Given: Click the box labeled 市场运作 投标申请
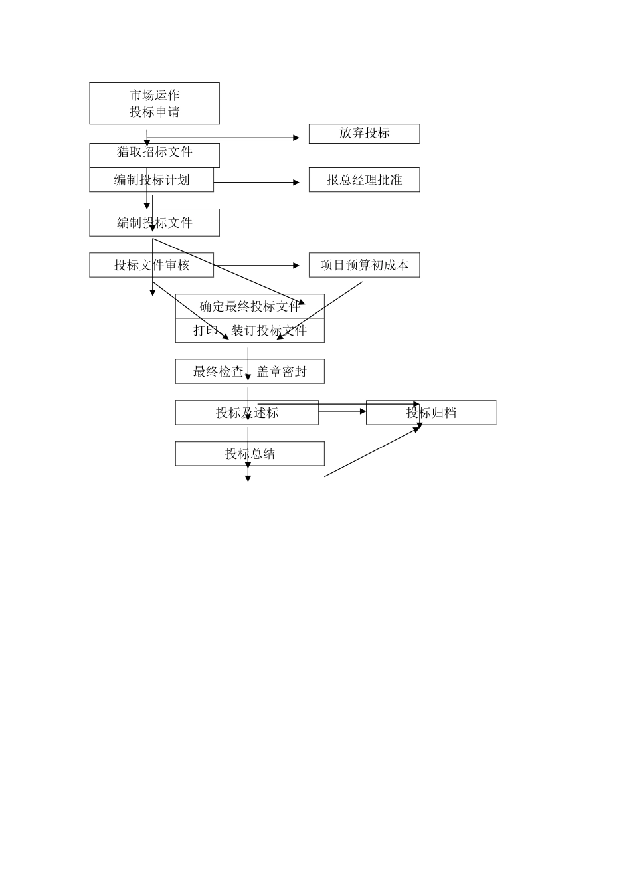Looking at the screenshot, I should [x=154, y=103].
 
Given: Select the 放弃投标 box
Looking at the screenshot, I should [x=364, y=133].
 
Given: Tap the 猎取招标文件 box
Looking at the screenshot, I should [x=154, y=155].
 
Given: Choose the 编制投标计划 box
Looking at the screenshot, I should [x=151, y=180].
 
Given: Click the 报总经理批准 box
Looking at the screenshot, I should [x=364, y=180].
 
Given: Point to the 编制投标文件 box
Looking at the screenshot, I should [x=154, y=223].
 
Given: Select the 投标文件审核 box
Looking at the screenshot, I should [x=151, y=265].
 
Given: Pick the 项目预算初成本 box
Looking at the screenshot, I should [x=364, y=265].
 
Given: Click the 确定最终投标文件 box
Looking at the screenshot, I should [x=250, y=306].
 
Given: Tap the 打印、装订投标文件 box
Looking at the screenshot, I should [x=250, y=331].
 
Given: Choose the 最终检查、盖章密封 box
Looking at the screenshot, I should [x=250, y=371].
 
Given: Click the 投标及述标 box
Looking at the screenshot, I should [x=247, y=413].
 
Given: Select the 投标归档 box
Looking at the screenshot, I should [x=431, y=413].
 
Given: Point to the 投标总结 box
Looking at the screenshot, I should [x=250, y=454].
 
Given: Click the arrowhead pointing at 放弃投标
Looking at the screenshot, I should [x=296, y=138].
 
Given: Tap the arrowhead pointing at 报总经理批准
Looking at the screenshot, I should [x=296, y=182].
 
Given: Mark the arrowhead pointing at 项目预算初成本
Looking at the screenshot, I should [x=296, y=266].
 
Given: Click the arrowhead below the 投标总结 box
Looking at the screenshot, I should [x=248, y=478].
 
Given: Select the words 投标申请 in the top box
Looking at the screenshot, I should [x=155, y=112].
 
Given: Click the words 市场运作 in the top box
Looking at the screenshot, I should [x=155, y=95].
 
